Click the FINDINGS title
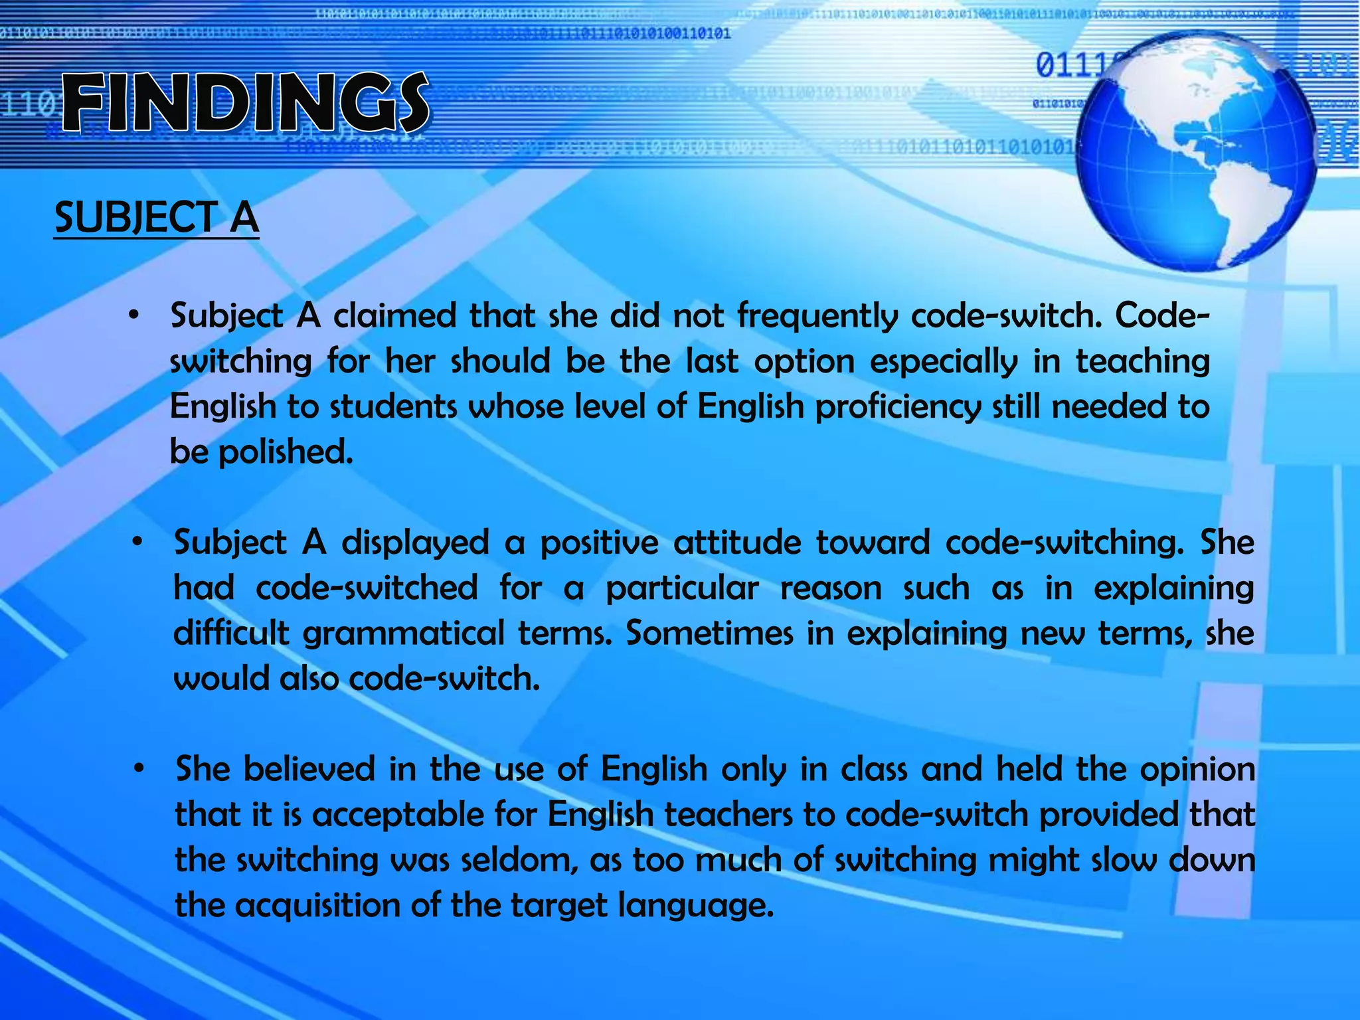[x=246, y=103]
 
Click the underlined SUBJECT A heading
[x=157, y=218]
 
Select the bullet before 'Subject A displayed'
[x=137, y=543]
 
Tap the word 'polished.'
[x=286, y=452]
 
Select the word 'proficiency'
[x=898, y=406]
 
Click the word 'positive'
[x=599, y=543]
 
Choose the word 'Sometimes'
[x=709, y=634]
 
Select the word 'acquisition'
[x=317, y=906]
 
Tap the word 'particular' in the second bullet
[x=682, y=588]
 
